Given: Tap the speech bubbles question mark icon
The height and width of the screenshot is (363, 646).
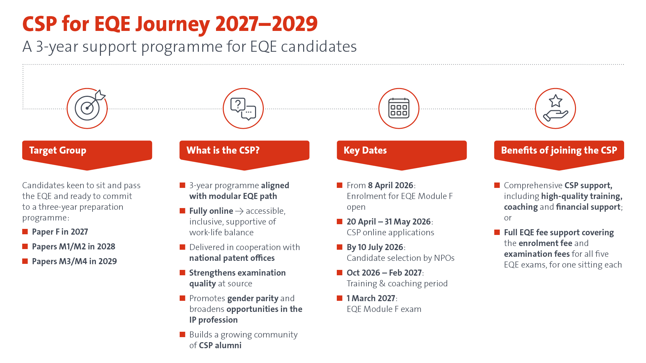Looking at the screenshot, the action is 243,108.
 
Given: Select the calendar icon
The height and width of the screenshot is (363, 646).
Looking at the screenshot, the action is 399,108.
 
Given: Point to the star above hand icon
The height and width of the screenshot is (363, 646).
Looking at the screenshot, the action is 555,108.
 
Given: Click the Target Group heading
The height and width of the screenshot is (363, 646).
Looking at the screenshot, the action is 58,150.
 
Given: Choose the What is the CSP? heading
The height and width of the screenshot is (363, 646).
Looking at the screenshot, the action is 223,150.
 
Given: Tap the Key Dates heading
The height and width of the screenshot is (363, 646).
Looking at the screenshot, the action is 365,150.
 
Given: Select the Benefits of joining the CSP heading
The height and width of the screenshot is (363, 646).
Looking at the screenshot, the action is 559,150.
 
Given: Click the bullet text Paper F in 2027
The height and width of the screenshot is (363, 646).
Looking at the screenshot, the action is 60,232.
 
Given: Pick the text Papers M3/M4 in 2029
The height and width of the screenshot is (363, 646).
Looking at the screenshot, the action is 74,261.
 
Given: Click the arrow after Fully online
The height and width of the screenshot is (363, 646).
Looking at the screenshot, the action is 239,211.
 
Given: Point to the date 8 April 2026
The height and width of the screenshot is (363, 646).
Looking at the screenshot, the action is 391,185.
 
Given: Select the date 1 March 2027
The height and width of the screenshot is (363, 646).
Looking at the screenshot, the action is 371,298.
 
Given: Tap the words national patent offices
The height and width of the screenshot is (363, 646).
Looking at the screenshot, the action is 232,258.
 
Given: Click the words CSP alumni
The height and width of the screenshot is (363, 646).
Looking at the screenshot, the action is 220,345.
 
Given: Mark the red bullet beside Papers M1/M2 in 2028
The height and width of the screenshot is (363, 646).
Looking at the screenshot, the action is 25,246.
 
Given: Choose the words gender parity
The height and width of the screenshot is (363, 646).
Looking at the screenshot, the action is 253,298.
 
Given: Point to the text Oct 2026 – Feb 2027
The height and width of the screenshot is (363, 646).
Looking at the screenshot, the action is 384,273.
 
